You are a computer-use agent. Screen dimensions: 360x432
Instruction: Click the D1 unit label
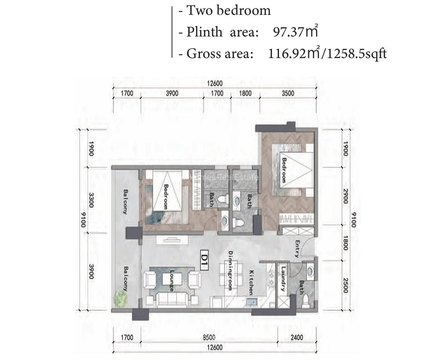pos(204,256)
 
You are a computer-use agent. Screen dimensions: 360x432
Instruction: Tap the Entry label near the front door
pos(297,248)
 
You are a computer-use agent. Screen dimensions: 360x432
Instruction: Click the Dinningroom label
pos(230,270)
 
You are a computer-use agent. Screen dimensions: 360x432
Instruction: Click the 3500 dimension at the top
pos(287,93)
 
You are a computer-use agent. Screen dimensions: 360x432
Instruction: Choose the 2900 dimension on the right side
pos(346,197)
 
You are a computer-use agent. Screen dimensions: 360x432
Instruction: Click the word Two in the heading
pos(200,10)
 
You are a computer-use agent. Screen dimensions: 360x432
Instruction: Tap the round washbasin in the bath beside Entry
pos(310,272)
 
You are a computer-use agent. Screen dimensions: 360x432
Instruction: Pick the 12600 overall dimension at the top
pos(215,84)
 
